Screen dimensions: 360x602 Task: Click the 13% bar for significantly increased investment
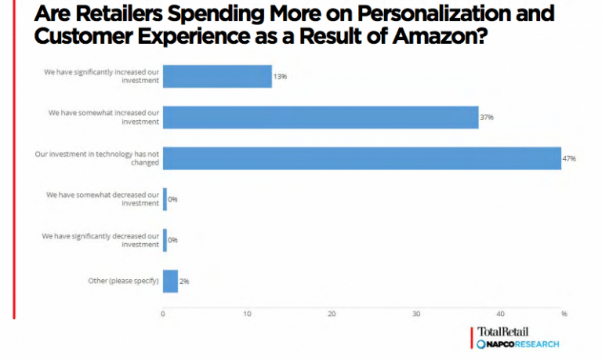click(217, 76)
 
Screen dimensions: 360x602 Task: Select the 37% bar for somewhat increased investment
click(320, 117)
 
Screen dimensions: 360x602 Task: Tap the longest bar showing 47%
click(361, 158)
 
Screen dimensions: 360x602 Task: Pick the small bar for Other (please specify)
click(170, 280)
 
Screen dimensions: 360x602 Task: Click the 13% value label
click(280, 77)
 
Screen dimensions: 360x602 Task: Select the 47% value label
click(569, 158)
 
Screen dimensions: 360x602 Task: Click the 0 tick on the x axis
click(163, 315)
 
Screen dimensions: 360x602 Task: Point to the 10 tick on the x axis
click(247, 315)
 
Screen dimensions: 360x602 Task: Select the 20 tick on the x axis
click(332, 315)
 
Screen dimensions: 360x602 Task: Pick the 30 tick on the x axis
click(416, 315)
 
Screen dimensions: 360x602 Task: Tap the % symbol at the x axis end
click(564, 315)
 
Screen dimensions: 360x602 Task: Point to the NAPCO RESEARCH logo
click(517, 344)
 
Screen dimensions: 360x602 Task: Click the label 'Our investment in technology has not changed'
click(97, 158)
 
